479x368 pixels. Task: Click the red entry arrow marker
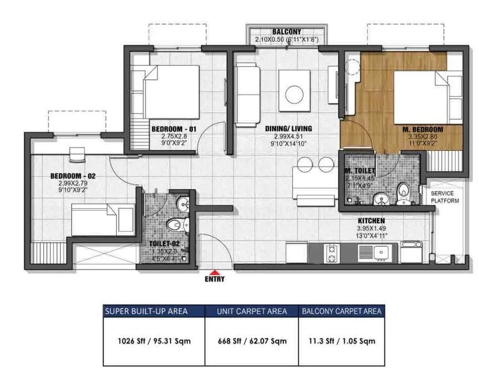pyautogui.click(x=214, y=271)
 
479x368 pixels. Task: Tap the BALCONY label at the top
pyautogui.click(x=287, y=32)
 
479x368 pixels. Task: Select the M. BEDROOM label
pyautogui.click(x=423, y=130)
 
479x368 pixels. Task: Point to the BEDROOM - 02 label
pyautogui.click(x=73, y=176)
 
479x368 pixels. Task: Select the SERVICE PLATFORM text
pyautogui.click(x=445, y=197)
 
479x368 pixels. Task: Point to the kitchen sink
pyautogui.click(x=383, y=252)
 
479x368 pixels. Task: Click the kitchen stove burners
pyautogui.click(x=332, y=253)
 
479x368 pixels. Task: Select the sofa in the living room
pyautogui.click(x=248, y=94)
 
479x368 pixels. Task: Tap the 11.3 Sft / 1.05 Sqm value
pyautogui.click(x=341, y=341)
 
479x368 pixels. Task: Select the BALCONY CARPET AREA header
pyautogui.click(x=341, y=311)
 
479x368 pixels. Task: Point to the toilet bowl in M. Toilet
pyautogui.click(x=405, y=193)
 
